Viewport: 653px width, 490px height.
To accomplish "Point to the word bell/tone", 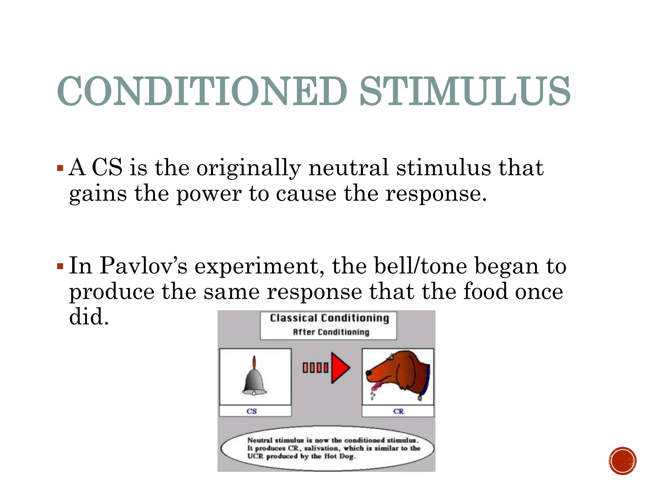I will [x=421, y=266].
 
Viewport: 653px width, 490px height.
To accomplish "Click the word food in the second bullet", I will [x=485, y=292].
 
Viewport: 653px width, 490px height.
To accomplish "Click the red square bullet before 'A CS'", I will [x=60, y=168].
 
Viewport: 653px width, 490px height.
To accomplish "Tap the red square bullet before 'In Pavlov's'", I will [x=60, y=266].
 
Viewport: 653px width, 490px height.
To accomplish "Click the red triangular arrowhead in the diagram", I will [x=339, y=368].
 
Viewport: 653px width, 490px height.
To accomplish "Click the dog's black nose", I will [x=368, y=373].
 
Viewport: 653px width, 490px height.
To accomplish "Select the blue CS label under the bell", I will [x=252, y=411].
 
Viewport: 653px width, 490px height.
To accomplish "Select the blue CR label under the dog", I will [x=398, y=411].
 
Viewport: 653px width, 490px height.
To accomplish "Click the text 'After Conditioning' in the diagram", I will [x=331, y=332].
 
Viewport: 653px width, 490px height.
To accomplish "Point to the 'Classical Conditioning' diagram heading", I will [x=329, y=318].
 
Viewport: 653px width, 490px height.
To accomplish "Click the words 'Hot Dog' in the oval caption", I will [x=340, y=456].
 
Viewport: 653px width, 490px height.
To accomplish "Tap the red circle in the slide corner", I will [x=622, y=461].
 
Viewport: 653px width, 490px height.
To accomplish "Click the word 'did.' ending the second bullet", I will [x=89, y=317].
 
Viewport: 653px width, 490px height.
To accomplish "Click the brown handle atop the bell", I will [x=254, y=362].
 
